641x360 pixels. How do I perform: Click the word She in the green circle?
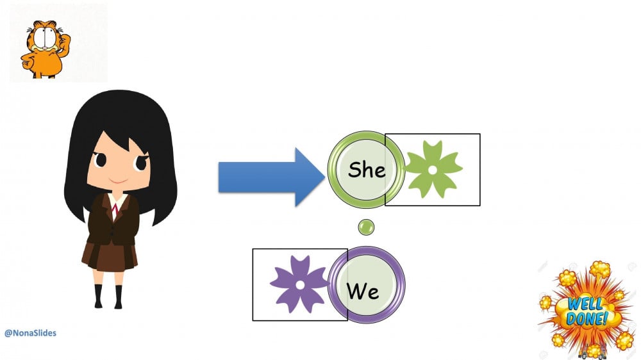coord(367,170)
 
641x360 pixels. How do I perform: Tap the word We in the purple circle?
coord(363,291)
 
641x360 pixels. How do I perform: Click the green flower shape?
coord(433,170)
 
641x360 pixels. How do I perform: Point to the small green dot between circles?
coord(366,227)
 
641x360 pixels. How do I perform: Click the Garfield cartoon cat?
coord(45,47)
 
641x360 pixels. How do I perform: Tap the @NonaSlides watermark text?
coord(30,333)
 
